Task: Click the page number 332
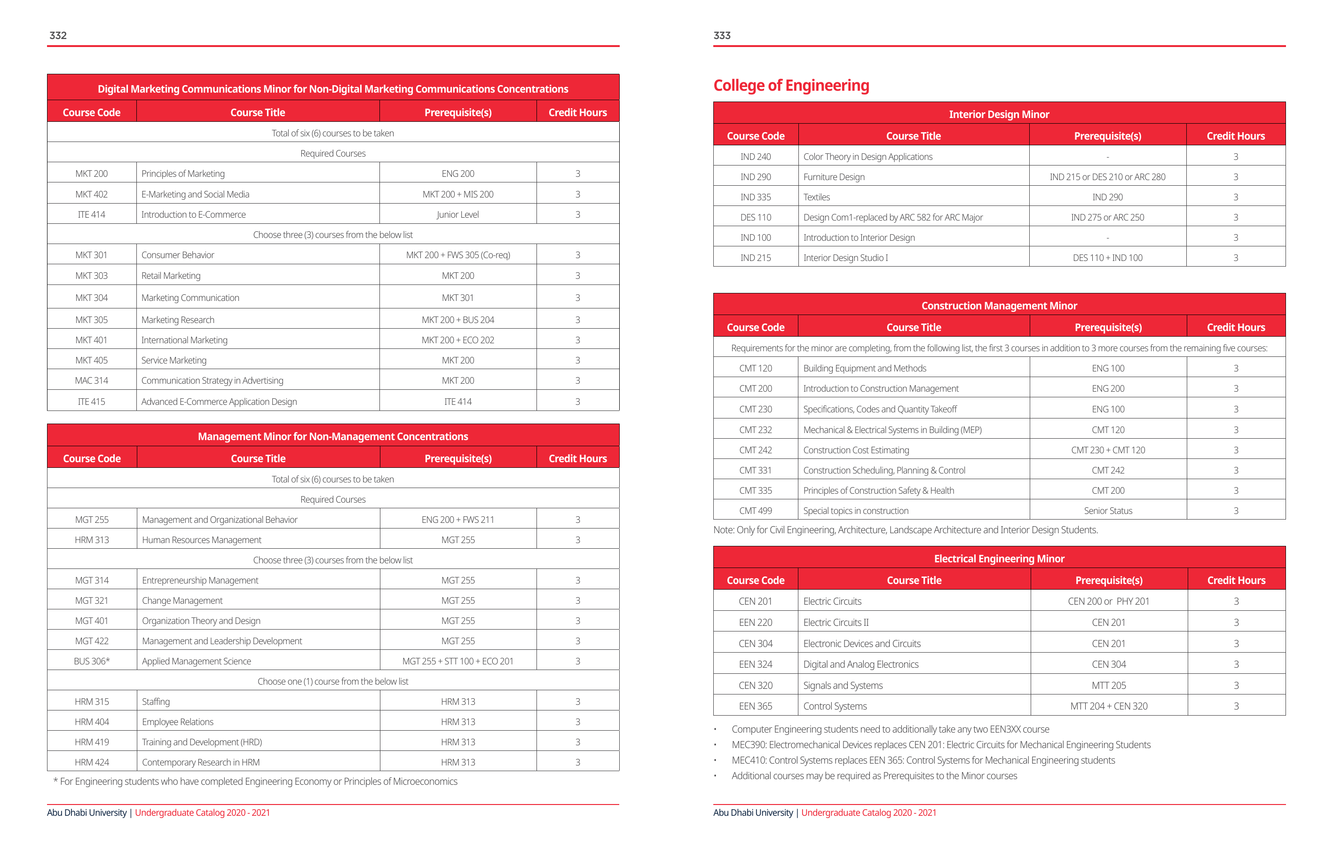[x=58, y=35]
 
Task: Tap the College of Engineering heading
[x=791, y=85]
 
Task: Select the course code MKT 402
[x=91, y=194]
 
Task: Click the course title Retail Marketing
[x=171, y=276]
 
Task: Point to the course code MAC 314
[x=91, y=381]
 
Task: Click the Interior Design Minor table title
[x=999, y=115]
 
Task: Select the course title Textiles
[x=817, y=197]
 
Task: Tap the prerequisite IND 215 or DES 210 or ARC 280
[x=1107, y=177]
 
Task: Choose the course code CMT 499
[x=755, y=511]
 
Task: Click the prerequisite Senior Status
[x=1108, y=511]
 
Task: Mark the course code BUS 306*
[x=92, y=662]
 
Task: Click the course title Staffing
[x=156, y=702]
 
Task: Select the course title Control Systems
[x=835, y=706]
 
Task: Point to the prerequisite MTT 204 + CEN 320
[x=1109, y=706]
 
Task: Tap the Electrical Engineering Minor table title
[x=999, y=559]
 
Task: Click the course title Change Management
[x=182, y=600]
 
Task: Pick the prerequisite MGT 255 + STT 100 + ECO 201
[x=458, y=662]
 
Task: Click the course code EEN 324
[x=755, y=664]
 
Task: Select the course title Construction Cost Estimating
[x=856, y=450]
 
